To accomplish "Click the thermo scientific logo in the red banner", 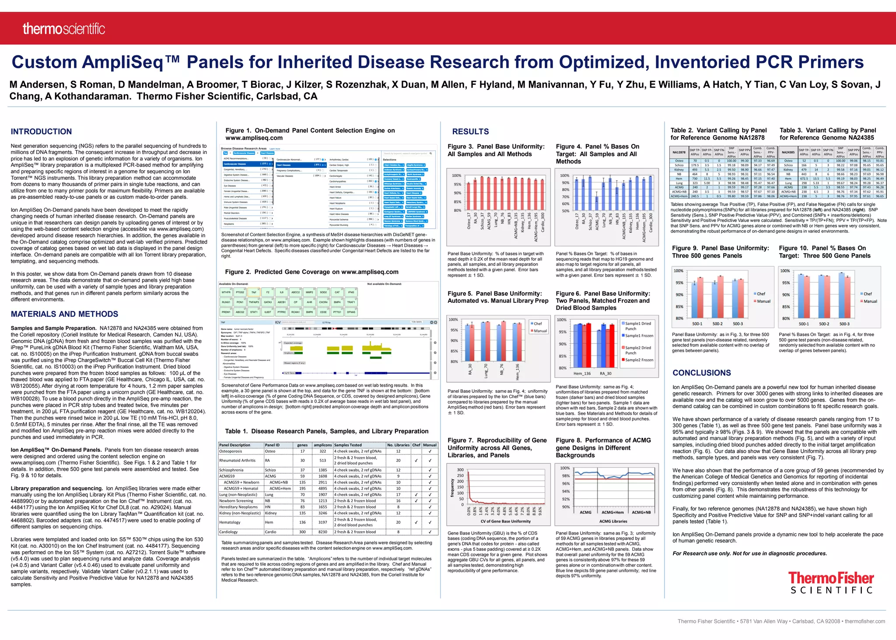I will (x=64, y=29).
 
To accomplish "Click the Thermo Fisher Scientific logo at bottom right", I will (x=831, y=582).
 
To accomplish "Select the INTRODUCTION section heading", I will (x=41, y=132).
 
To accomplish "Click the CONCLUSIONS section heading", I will (x=701, y=373).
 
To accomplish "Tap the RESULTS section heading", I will (x=470, y=132).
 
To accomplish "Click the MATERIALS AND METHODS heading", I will (x=64, y=314).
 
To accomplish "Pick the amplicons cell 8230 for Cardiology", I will (x=322, y=532).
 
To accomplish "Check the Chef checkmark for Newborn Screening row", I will (x=416, y=501).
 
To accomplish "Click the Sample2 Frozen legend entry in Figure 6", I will (x=639, y=360).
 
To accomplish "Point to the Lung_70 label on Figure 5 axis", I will (x=486, y=371).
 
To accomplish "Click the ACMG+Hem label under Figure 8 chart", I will (x=612, y=512).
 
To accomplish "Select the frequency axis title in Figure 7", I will (x=452, y=487).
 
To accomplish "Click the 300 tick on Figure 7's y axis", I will (x=460, y=469).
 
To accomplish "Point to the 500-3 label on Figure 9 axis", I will (x=738, y=324).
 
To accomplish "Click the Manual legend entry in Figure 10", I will (x=869, y=301).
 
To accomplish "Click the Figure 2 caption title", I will (x=311, y=272).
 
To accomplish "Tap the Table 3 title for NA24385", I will (x=827, y=134).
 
